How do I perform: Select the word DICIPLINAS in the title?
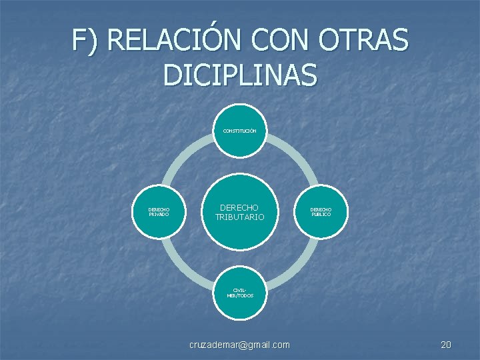pyautogui.click(x=240, y=76)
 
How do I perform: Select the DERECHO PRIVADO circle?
pyautogui.click(x=159, y=213)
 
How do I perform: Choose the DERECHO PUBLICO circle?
pyautogui.click(x=320, y=213)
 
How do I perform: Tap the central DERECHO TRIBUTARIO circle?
pyautogui.click(x=239, y=213)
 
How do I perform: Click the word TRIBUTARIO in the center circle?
pyautogui.click(x=239, y=218)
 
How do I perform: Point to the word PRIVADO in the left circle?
pyautogui.click(x=159, y=215)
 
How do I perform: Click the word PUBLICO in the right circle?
pyautogui.click(x=320, y=215)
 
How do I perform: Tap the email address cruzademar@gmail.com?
pyautogui.click(x=239, y=345)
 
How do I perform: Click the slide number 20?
pyautogui.click(x=446, y=345)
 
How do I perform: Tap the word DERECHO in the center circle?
pyautogui.click(x=239, y=208)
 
